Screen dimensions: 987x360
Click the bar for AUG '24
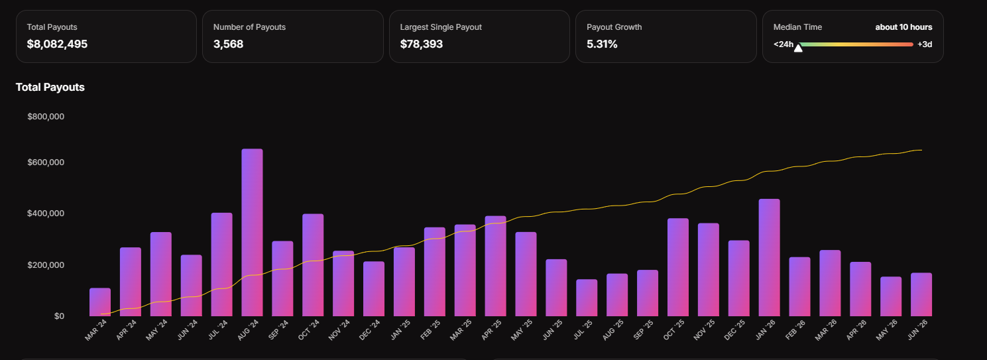tap(252, 232)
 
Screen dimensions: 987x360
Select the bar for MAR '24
tap(100, 302)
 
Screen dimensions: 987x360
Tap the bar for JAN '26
tap(770, 257)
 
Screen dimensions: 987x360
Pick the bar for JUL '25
tap(587, 298)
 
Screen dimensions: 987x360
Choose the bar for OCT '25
tap(678, 267)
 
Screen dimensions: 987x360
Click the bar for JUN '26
tap(921, 294)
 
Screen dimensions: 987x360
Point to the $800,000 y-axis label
tap(46, 117)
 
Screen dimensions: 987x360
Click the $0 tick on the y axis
tap(60, 316)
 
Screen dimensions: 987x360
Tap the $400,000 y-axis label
tap(46, 213)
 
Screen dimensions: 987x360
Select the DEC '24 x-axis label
tap(370, 330)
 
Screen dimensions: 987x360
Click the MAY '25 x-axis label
tap(522, 330)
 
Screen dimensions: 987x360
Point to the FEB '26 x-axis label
tap(795, 330)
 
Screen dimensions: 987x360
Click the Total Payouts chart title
tap(50, 88)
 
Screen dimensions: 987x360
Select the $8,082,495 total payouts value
tap(57, 44)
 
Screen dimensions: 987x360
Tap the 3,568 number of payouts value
tap(228, 44)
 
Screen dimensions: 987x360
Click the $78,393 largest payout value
tap(421, 44)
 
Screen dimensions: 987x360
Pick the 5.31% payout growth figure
tap(602, 44)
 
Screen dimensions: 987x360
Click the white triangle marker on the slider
tap(798, 48)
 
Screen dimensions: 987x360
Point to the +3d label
tap(925, 44)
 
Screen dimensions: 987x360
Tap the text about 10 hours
tap(903, 27)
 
